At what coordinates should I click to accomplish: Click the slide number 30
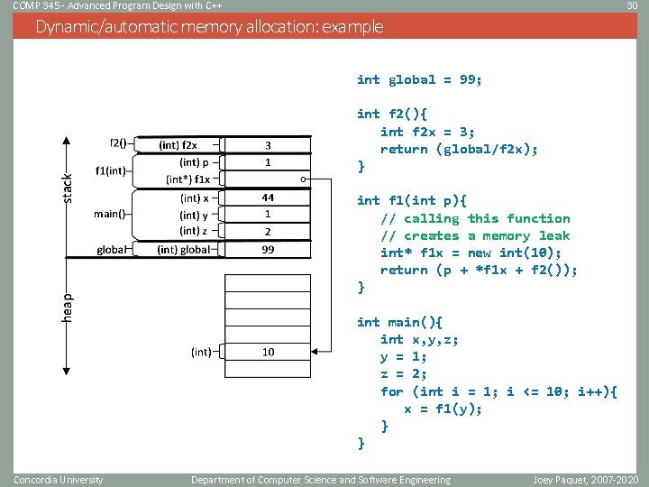[x=632, y=6]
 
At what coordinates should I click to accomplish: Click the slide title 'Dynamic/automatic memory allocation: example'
[x=209, y=26]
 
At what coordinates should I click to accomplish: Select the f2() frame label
[x=118, y=142]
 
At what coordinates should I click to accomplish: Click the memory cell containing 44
[x=268, y=198]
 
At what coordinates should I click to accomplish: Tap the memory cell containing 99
[x=268, y=249]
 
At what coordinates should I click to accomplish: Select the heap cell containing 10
[x=268, y=352]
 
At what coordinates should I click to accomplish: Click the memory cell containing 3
[x=268, y=144]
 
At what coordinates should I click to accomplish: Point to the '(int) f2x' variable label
[x=178, y=144]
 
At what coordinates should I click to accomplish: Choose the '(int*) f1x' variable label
[x=187, y=179]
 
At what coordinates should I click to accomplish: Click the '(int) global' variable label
[x=183, y=250]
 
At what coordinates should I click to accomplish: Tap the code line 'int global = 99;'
[x=419, y=79]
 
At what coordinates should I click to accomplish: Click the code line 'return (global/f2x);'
[x=459, y=149]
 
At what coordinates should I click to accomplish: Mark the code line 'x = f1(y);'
[x=443, y=409]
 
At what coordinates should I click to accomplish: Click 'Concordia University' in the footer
[x=59, y=480]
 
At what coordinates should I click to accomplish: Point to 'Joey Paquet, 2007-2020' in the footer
[x=585, y=480]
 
